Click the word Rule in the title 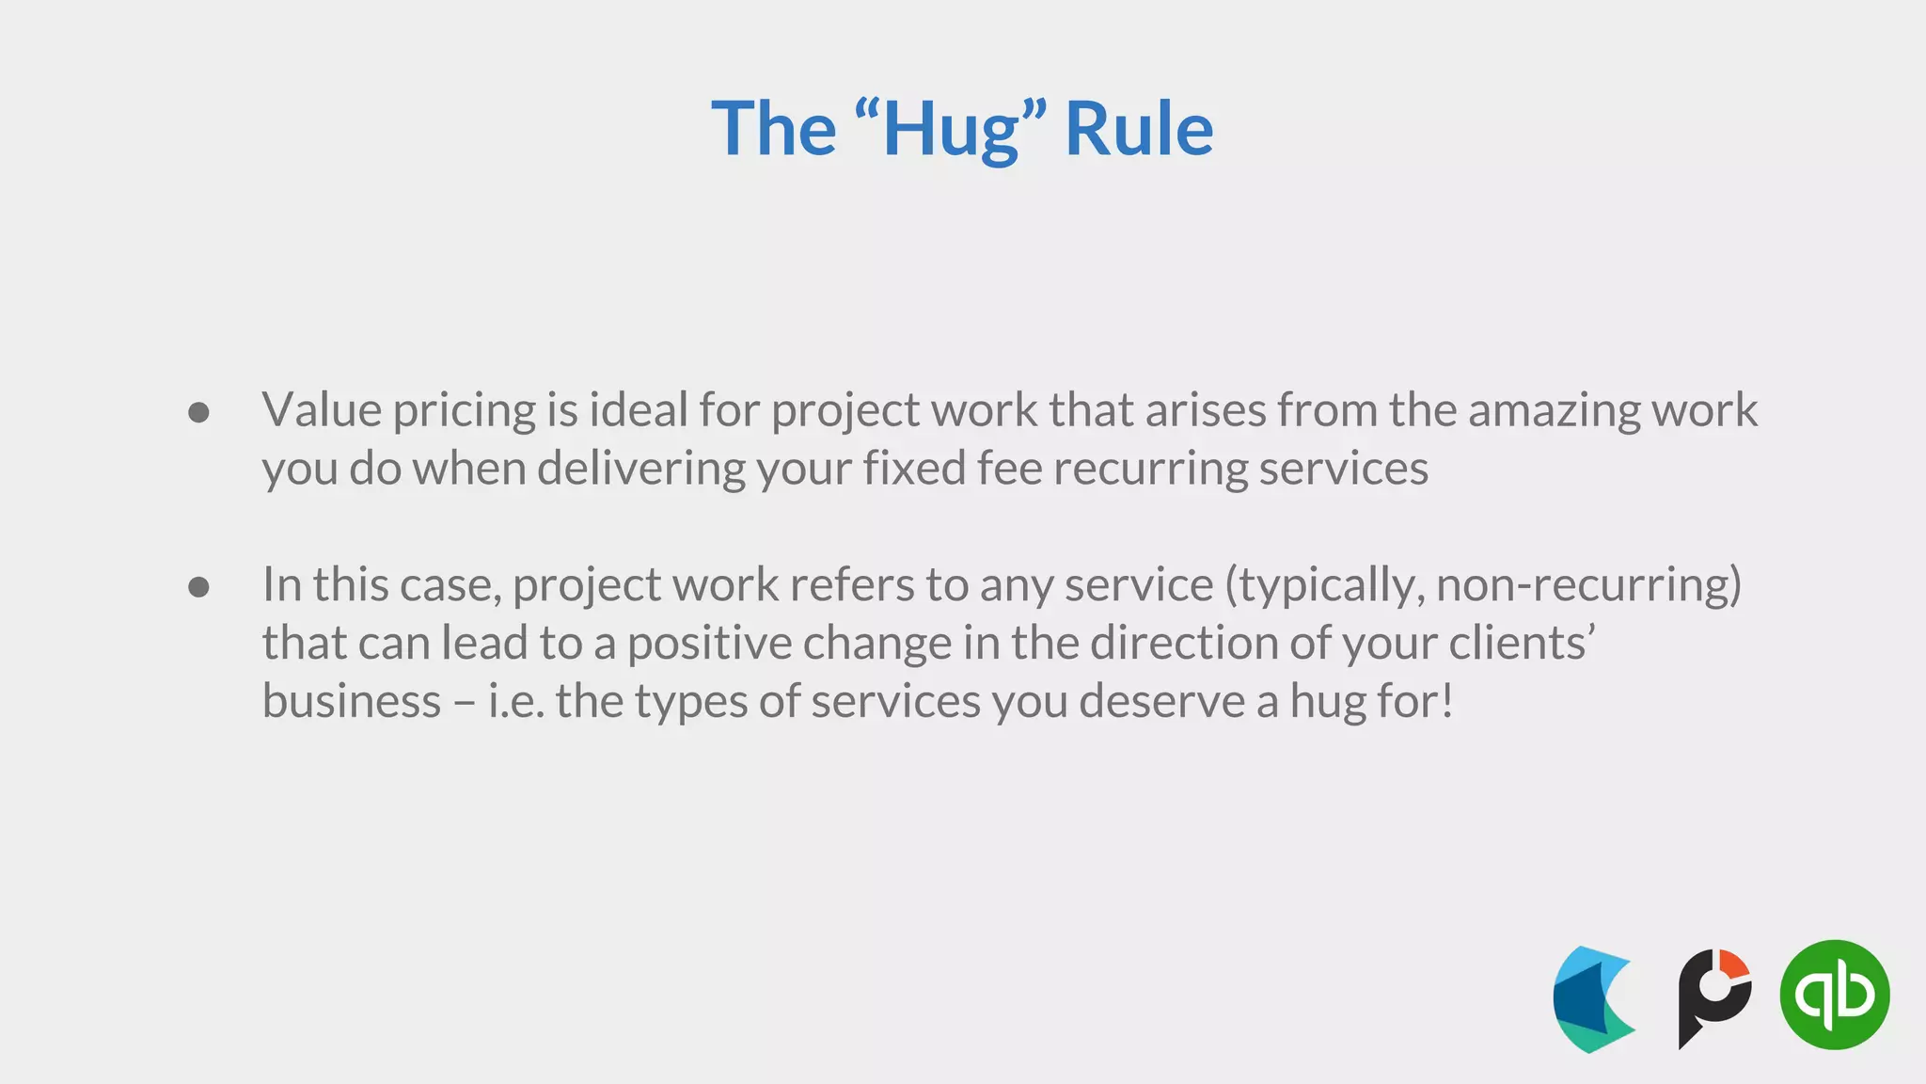pos(1138,129)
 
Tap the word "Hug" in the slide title pos(951,129)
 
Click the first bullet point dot pos(198,412)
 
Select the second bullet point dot pos(198,587)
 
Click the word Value pos(322,410)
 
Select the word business pos(352,701)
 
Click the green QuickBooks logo pos(1834,995)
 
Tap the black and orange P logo pos(1713,996)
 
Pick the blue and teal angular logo pos(1593,999)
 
